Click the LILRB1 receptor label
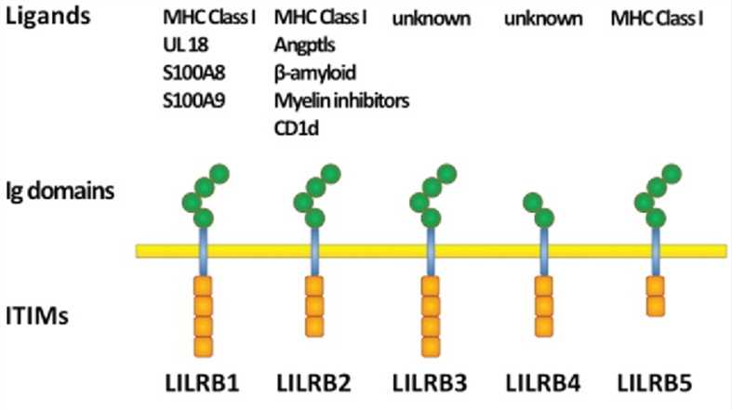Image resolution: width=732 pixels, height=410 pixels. pos(200,383)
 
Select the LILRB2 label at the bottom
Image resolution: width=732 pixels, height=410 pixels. pos(315,383)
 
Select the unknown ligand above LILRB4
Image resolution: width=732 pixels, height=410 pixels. pos(544,18)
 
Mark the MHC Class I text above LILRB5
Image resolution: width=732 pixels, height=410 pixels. pos(657,18)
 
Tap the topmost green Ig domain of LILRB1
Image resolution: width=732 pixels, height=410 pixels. pos(220,174)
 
